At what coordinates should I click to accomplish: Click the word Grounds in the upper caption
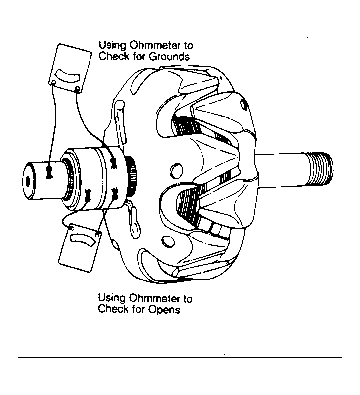point(169,57)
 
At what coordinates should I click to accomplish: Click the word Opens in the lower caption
point(164,309)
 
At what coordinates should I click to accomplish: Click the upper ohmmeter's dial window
point(67,76)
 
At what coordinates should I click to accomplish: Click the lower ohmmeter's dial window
point(82,239)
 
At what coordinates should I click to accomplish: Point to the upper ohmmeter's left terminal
point(53,82)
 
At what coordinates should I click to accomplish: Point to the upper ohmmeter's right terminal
point(78,88)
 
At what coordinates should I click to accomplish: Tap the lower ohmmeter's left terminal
point(72,228)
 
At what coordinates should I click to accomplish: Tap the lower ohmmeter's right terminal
point(98,235)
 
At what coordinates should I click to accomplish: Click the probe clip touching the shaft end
point(49,172)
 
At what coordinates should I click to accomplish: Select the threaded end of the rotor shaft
point(320,169)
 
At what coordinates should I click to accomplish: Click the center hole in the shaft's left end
point(28,181)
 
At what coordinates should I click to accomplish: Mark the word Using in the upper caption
point(112,46)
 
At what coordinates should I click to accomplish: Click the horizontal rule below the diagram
point(180,357)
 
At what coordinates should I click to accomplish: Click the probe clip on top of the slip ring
point(114,162)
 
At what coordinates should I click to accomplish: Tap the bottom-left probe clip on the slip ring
point(88,195)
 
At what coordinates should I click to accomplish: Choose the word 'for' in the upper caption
point(139,56)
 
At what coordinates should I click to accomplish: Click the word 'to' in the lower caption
point(188,299)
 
